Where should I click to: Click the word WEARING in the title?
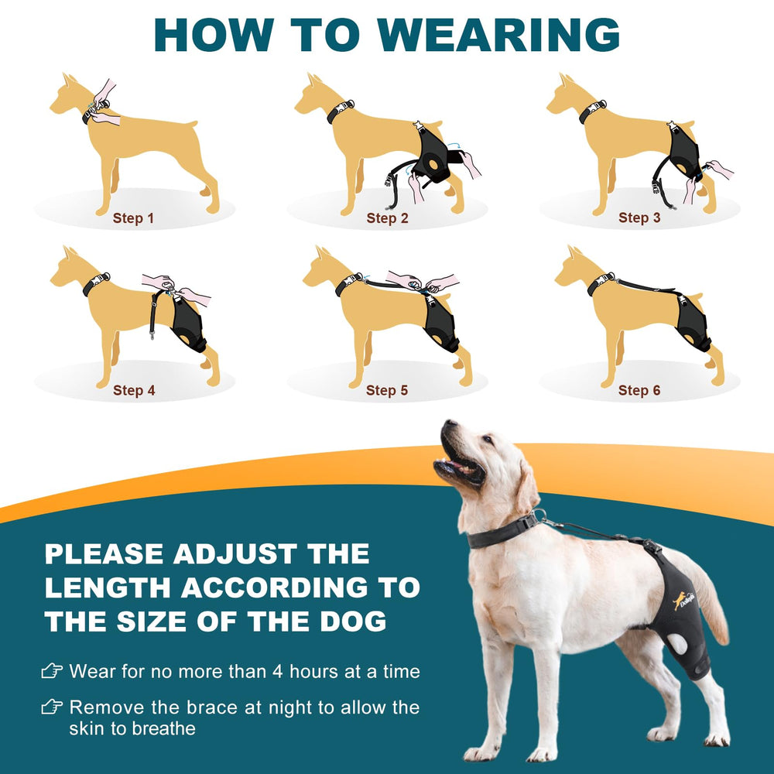[499, 35]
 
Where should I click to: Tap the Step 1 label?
[133, 218]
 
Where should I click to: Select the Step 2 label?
[388, 218]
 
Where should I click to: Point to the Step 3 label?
[639, 217]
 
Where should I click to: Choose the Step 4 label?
[134, 390]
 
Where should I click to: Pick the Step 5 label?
[387, 390]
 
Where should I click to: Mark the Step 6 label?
[639, 390]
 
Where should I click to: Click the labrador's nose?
[449, 423]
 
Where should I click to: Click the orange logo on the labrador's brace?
[683, 600]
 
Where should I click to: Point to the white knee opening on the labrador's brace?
[676, 644]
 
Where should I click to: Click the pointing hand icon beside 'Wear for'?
[52, 671]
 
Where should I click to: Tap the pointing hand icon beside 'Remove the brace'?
[52, 707]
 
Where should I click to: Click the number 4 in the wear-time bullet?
[278, 671]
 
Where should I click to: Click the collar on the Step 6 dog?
[599, 283]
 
